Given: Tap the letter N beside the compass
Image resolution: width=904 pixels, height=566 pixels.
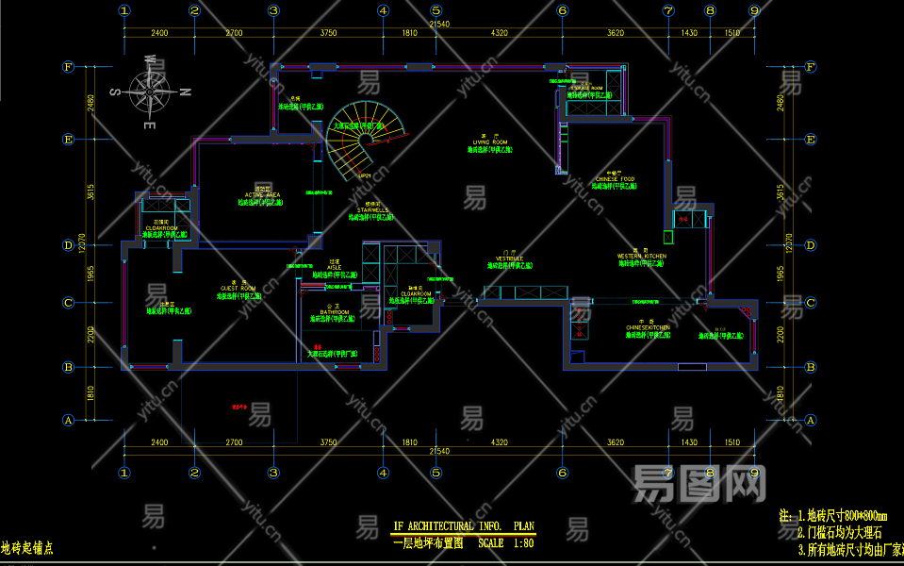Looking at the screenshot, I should click(186, 92).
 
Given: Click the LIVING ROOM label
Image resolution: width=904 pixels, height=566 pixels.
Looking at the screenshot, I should click(490, 142).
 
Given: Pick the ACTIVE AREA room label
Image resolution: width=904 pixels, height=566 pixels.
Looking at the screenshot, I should click(261, 195).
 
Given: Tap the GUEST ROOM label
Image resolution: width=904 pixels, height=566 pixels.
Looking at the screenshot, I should click(238, 289).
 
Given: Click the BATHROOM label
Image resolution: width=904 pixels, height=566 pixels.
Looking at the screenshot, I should click(330, 312).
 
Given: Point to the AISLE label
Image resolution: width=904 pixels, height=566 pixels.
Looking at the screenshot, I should click(335, 267).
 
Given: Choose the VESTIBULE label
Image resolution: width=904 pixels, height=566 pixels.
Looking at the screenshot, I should click(510, 258).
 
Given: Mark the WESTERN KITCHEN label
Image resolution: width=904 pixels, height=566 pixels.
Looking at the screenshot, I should click(641, 257).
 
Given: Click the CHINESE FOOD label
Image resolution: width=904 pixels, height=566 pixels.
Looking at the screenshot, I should click(615, 179).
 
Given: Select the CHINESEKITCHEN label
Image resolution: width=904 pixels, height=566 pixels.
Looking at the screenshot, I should click(648, 327).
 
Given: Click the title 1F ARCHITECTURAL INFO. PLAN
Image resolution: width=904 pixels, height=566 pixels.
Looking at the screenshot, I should click(463, 526).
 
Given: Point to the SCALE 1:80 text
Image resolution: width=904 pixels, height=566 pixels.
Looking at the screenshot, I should click(506, 543).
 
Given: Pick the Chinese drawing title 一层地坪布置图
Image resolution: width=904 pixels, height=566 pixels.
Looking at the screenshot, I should click(428, 543).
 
